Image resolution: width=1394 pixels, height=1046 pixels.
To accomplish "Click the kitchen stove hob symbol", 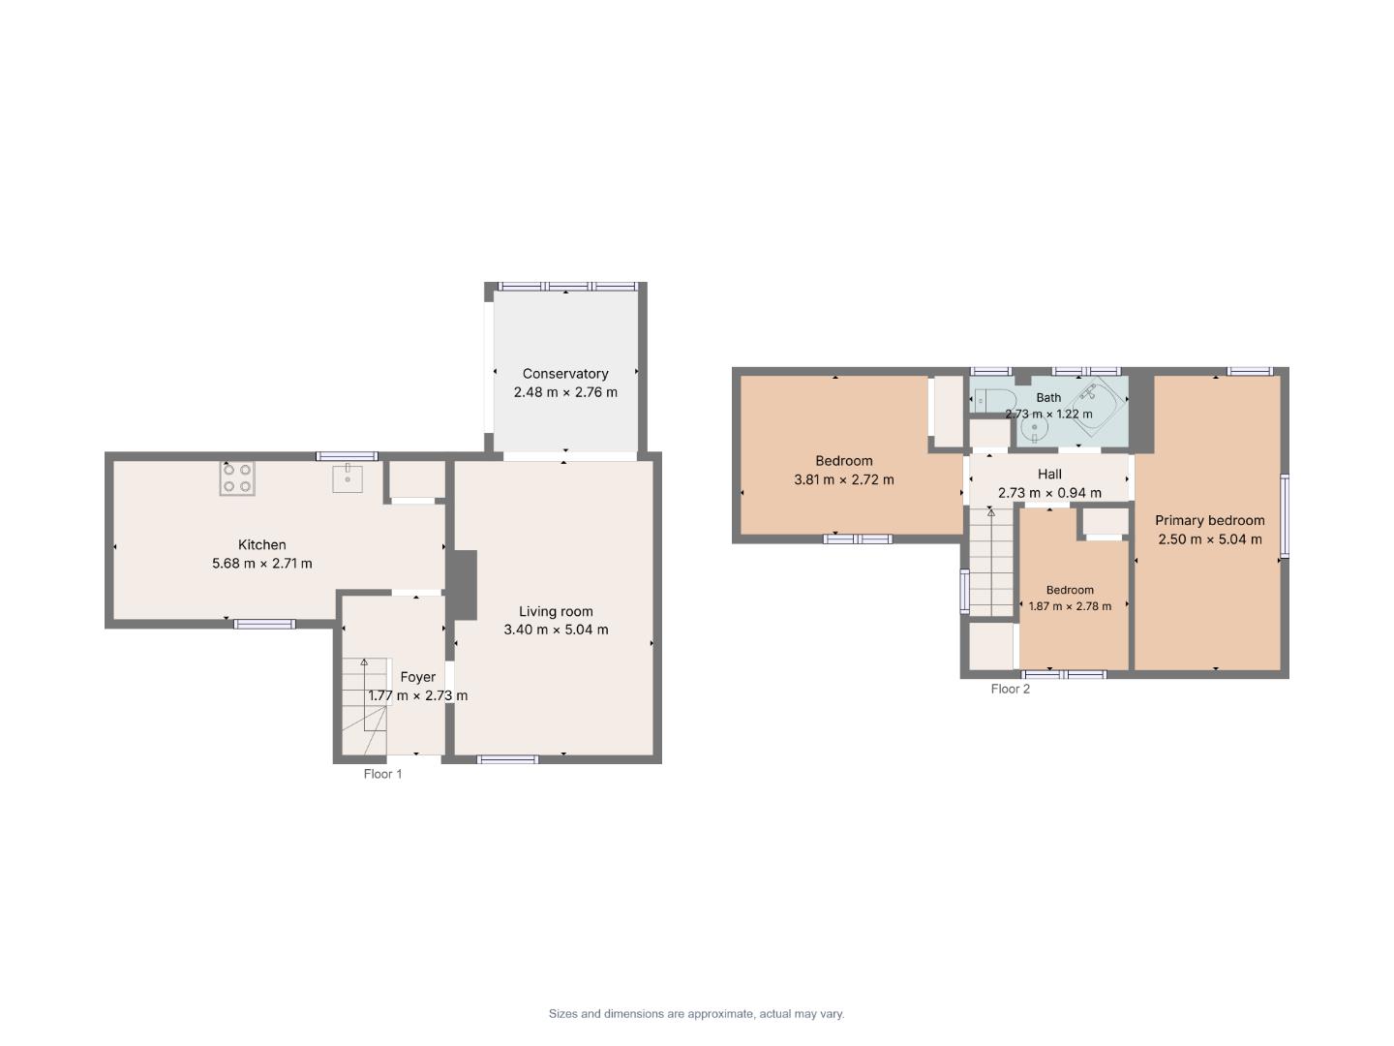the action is click(237, 477).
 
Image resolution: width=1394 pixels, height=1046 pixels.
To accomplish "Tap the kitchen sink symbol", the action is click(348, 478).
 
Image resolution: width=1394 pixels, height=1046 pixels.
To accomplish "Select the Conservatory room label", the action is click(565, 374).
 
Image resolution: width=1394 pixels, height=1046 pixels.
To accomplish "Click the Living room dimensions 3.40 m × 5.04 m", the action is click(556, 630).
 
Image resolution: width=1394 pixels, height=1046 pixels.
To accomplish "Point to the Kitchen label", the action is click(261, 544).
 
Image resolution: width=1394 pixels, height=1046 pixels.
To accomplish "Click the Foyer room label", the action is click(418, 677).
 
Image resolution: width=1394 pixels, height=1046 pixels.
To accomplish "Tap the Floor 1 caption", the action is click(382, 774).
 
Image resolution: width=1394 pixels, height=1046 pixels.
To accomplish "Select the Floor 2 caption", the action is click(1010, 689).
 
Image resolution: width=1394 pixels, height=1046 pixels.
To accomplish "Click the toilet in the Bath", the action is click(995, 400).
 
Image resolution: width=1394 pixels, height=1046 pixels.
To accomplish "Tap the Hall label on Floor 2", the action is click(1049, 474).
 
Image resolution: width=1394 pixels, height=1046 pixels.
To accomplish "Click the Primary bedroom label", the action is click(1210, 520).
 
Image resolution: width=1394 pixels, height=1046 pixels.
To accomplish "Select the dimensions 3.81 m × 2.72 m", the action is click(843, 479).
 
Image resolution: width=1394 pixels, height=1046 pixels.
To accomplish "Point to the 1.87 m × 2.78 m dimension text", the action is click(1070, 606).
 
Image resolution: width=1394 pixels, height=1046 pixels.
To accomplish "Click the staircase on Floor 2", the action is click(990, 562).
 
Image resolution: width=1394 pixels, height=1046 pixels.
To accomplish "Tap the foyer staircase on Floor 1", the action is click(365, 706).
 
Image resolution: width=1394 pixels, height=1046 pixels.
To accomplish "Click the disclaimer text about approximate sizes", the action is click(696, 1014).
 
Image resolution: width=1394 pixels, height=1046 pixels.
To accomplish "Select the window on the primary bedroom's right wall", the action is click(1285, 516).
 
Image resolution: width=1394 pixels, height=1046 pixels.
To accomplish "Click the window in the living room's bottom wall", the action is click(507, 759).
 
